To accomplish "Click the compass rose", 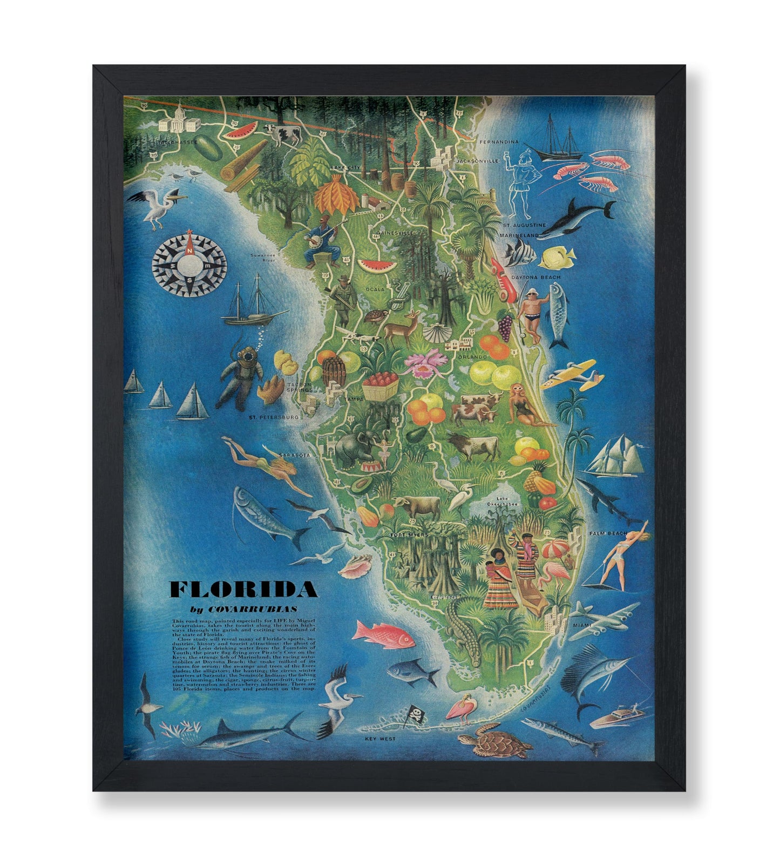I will tap(188, 263).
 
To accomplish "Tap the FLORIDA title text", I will tap(243, 590).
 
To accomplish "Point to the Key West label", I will tap(380, 739).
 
